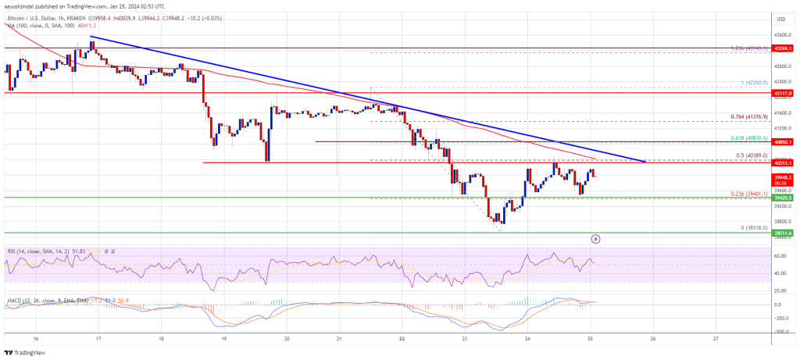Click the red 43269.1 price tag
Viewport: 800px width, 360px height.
pyautogui.click(x=784, y=48)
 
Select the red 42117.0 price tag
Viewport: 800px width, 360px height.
pyautogui.click(x=784, y=93)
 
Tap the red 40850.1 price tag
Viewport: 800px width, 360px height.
pyautogui.click(x=784, y=142)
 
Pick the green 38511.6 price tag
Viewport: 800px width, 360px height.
pyautogui.click(x=784, y=233)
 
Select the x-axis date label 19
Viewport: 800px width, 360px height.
pyautogui.click(x=223, y=340)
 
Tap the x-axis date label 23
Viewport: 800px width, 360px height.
pyautogui.click(x=464, y=340)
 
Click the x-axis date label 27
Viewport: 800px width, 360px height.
pyautogui.click(x=716, y=340)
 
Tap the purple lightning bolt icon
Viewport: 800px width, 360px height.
pyautogui.click(x=596, y=238)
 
